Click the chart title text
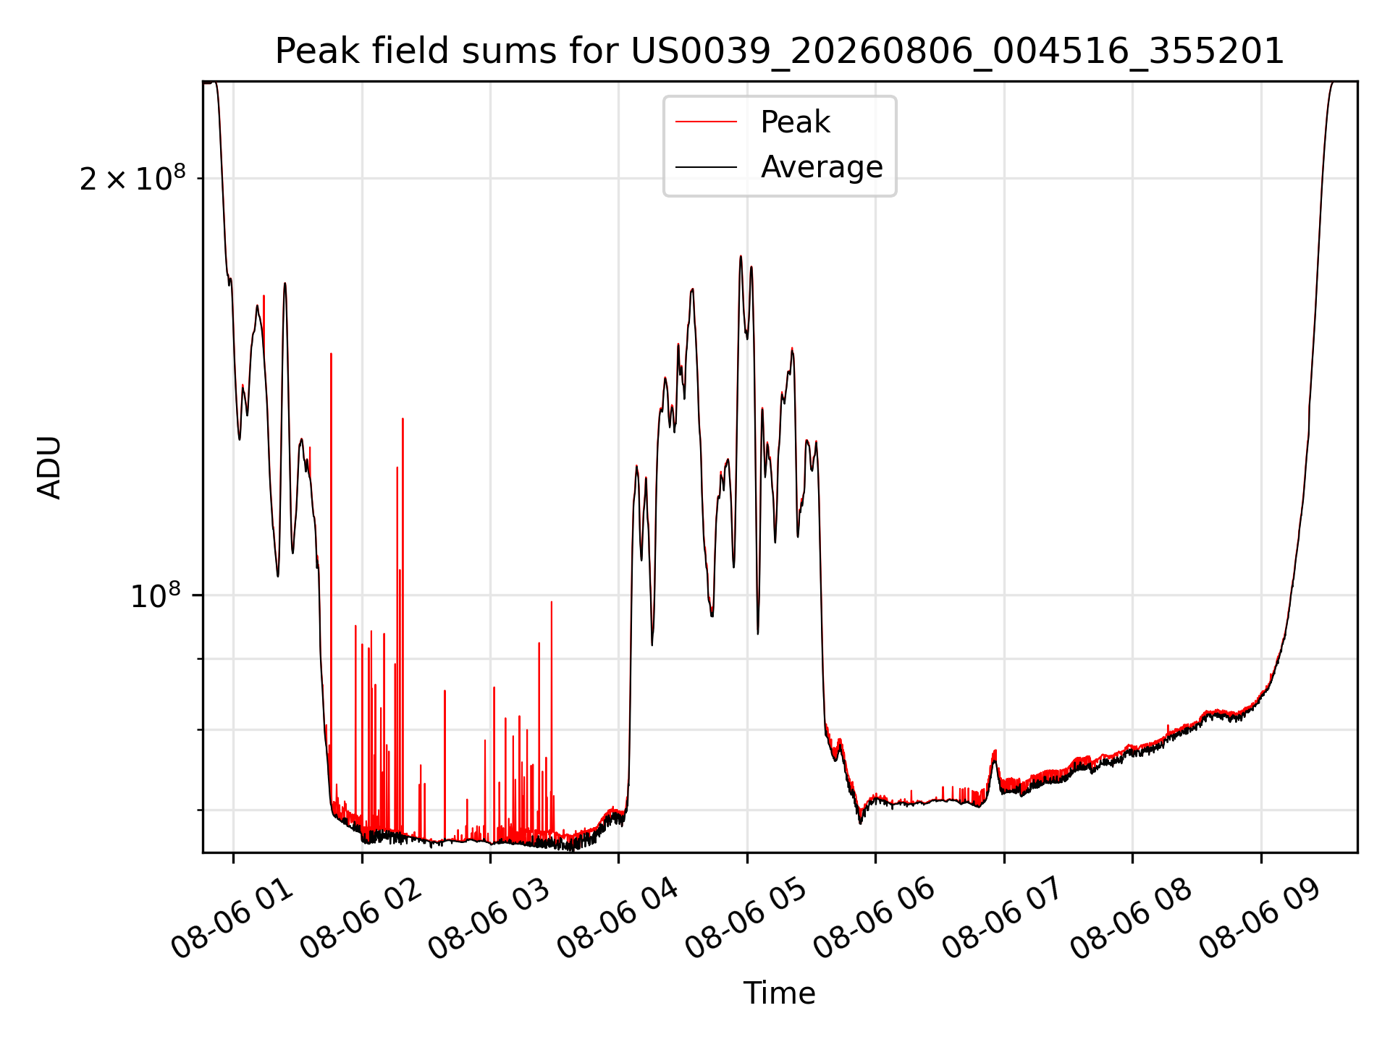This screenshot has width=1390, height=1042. [x=780, y=51]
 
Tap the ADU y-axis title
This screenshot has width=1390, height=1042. [x=49, y=467]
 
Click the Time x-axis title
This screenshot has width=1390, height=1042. [x=780, y=993]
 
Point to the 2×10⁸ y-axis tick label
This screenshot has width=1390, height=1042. [x=132, y=177]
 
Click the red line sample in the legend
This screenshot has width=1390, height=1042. [x=706, y=122]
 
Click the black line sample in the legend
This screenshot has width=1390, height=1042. [x=706, y=167]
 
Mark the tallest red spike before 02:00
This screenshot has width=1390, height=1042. [x=331, y=355]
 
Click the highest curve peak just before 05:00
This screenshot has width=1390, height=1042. [x=741, y=256]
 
